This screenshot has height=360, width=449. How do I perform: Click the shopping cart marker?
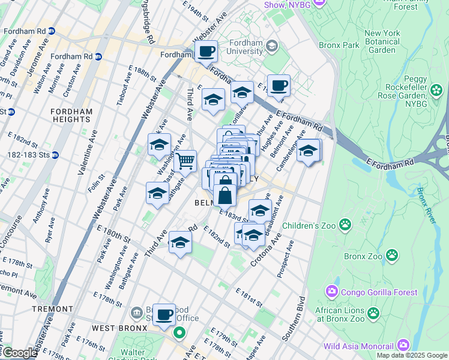tap(185, 160)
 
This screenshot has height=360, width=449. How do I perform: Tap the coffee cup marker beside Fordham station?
tap(206, 51)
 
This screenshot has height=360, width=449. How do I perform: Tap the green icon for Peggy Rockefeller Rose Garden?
tap(436, 91)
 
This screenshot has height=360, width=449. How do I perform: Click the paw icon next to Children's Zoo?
tap(345, 225)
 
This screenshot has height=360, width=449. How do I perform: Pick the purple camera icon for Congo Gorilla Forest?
tap(331, 292)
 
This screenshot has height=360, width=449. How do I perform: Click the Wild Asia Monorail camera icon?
tap(402, 346)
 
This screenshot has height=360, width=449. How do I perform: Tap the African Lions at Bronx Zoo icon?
tap(373, 313)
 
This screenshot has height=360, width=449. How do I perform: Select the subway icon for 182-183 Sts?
tap(55, 154)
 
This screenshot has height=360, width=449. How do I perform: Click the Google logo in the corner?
tap(19, 353)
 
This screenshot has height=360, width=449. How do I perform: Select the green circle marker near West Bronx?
tap(179, 332)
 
